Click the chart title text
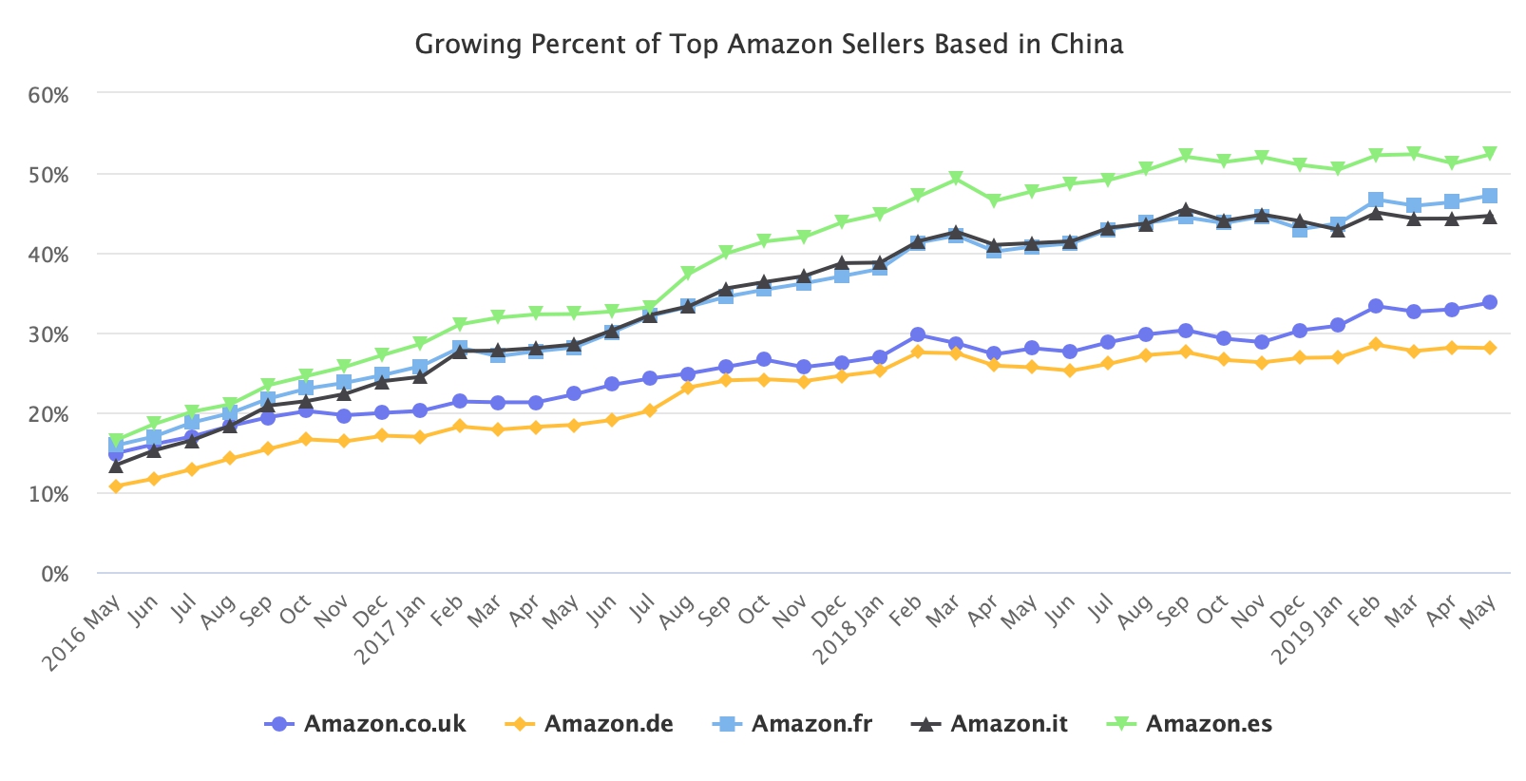769,44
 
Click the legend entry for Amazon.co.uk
384,724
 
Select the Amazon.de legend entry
608,724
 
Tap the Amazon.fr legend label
811,724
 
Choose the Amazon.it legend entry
1008,724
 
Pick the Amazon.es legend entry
1208,724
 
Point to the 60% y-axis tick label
48,95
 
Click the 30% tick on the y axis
48,334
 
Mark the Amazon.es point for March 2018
956,179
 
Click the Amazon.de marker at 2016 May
116,486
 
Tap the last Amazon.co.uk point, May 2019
1490,302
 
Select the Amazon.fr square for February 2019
1375,200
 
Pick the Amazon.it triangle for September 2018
1185,210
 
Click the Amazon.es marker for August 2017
688,274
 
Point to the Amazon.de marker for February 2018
917,352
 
